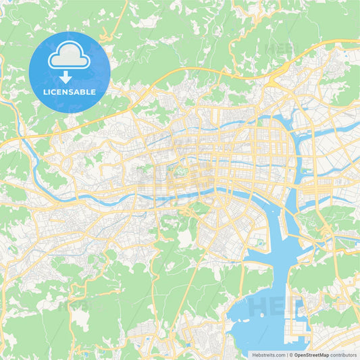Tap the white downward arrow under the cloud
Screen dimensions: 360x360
pos(66,77)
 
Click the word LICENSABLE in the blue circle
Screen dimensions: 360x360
pos(68,91)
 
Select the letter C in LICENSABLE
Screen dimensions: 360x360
pos(56,91)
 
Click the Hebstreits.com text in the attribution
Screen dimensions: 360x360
pos(269,354)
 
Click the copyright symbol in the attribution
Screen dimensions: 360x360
pos(291,354)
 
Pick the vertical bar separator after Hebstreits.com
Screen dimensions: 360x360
pos(286,354)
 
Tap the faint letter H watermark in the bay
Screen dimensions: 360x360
pos(259,307)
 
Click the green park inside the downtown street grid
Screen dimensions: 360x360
pos(178,172)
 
